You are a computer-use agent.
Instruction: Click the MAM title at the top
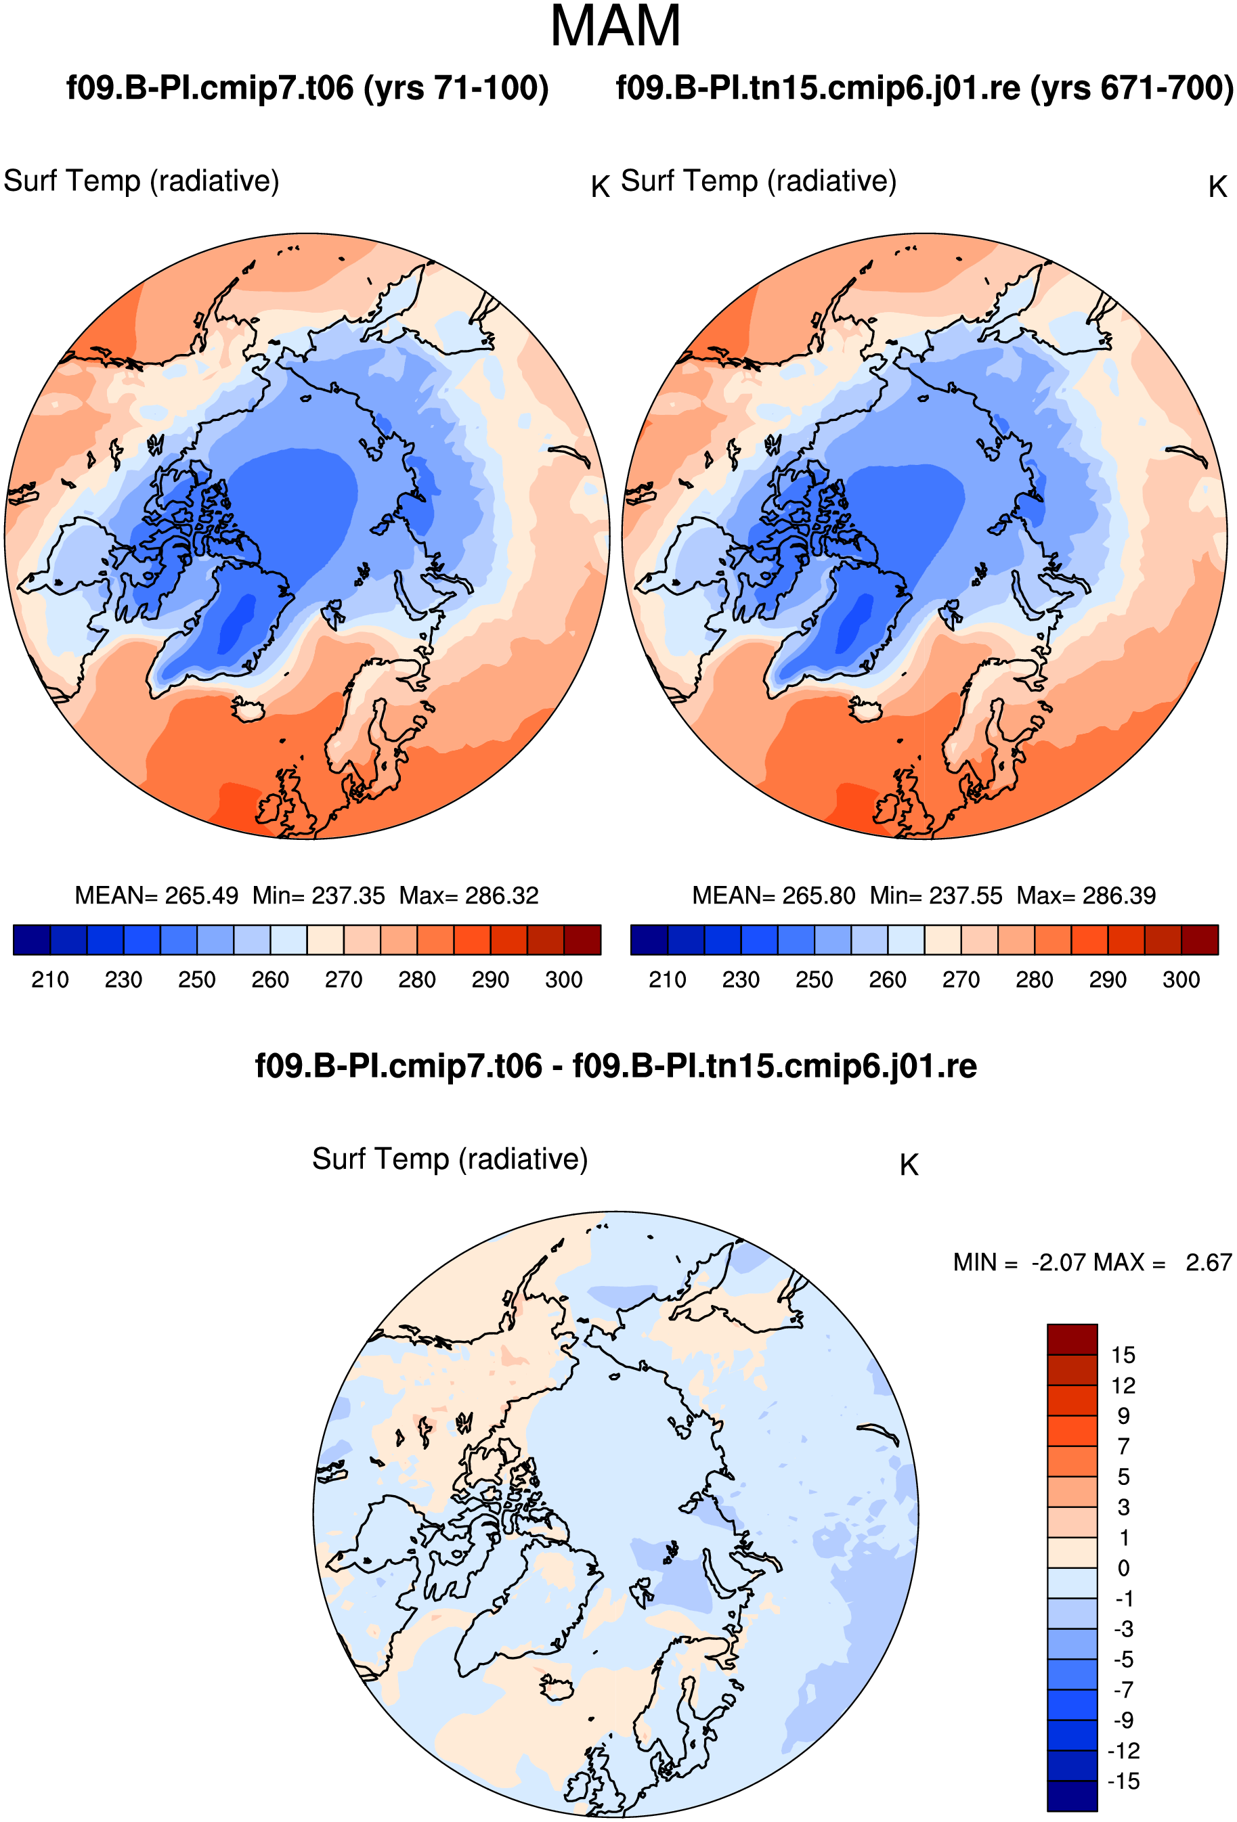coord(615,26)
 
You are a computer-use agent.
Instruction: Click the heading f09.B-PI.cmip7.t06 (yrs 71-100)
coord(307,88)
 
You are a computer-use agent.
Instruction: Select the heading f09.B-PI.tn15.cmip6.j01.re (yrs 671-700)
coord(925,88)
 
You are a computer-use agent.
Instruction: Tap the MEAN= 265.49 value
coord(156,895)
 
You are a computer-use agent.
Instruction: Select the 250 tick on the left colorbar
coord(197,980)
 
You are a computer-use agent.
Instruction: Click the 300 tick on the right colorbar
coord(1181,980)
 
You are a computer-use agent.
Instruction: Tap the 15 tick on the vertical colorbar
coord(1123,1355)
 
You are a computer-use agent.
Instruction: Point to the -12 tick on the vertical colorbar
coord(1123,1751)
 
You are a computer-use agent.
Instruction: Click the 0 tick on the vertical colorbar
coord(1123,1568)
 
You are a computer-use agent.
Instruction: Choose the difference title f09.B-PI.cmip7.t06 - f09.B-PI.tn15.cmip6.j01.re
coord(615,1066)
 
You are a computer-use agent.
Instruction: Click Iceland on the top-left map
coord(248,710)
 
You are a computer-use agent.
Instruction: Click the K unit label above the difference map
coord(909,1165)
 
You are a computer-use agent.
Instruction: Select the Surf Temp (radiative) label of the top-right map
coord(758,181)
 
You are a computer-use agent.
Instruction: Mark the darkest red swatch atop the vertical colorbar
coord(1072,1339)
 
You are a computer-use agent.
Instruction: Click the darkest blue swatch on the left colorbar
coord(32,940)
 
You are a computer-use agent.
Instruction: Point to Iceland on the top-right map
coord(866,710)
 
